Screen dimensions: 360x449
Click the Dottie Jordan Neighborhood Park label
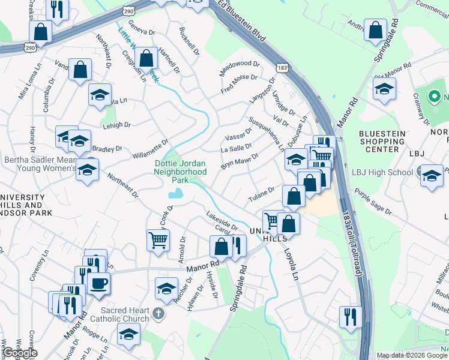click(181, 171)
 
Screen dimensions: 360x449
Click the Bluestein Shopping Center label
click(387, 141)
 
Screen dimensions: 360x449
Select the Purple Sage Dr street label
click(372, 202)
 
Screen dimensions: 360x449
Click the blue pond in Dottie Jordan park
click(176, 193)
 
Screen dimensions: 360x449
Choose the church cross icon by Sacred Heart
click(157, 313)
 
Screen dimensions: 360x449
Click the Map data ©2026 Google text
click(412, 355)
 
